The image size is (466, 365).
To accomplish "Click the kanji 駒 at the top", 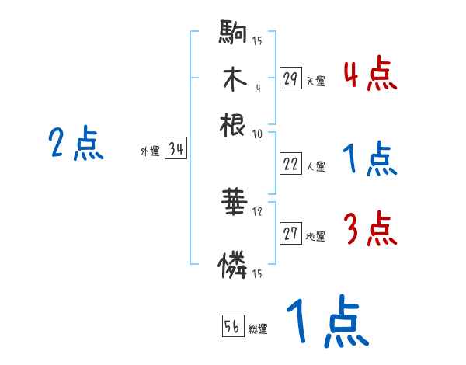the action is click(x=233, y=35).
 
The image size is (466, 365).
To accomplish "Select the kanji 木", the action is click(x=233, y=80).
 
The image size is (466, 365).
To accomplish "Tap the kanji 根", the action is click(x=233, y=124).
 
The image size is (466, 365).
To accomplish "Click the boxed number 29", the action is click(x=290, y=78).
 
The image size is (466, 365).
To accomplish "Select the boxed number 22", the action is click(x=290, y=165).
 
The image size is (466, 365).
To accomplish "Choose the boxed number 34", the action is click(x=176, y=150).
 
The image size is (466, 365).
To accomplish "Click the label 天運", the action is click(x=315, y=81).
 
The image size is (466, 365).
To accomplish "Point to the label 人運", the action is click(x=315, y=166).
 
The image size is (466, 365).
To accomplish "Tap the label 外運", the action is click(x=149, y=152).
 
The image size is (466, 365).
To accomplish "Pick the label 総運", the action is click(x=258, y=329).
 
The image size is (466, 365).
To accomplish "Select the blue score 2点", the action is click(x=75, y=144).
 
